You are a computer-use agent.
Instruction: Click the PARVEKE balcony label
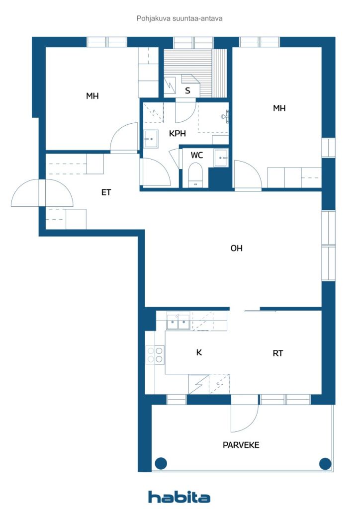(x=241, y=445)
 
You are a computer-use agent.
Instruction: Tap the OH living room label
(x=236, y=249)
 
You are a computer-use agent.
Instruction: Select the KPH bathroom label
(x=177, y=133)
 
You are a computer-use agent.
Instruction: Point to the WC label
(x=197, y=155)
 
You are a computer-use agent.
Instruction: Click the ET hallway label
(x=106, y=192)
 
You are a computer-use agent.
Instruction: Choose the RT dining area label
(x=278, y=353)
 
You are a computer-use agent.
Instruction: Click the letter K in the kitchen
(x=199, y=352)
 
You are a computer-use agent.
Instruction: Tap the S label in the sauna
(x=187, y=90)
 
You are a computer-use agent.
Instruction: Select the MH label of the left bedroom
(x=92, y=96)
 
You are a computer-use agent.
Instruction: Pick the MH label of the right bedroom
(x=279, y=108)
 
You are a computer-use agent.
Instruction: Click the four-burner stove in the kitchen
(x=155, y=354)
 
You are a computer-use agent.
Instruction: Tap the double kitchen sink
(x=178, y=322)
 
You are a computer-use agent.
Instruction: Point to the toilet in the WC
(x=195, y=175)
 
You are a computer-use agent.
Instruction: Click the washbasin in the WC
(x=221, y=158)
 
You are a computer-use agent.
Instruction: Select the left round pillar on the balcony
(x=161, y=463)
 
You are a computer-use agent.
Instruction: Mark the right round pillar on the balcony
(x=325, y=464)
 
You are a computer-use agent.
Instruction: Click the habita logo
(x=179, y=497)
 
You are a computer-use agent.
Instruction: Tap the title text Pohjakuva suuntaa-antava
(x=180, y=18)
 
